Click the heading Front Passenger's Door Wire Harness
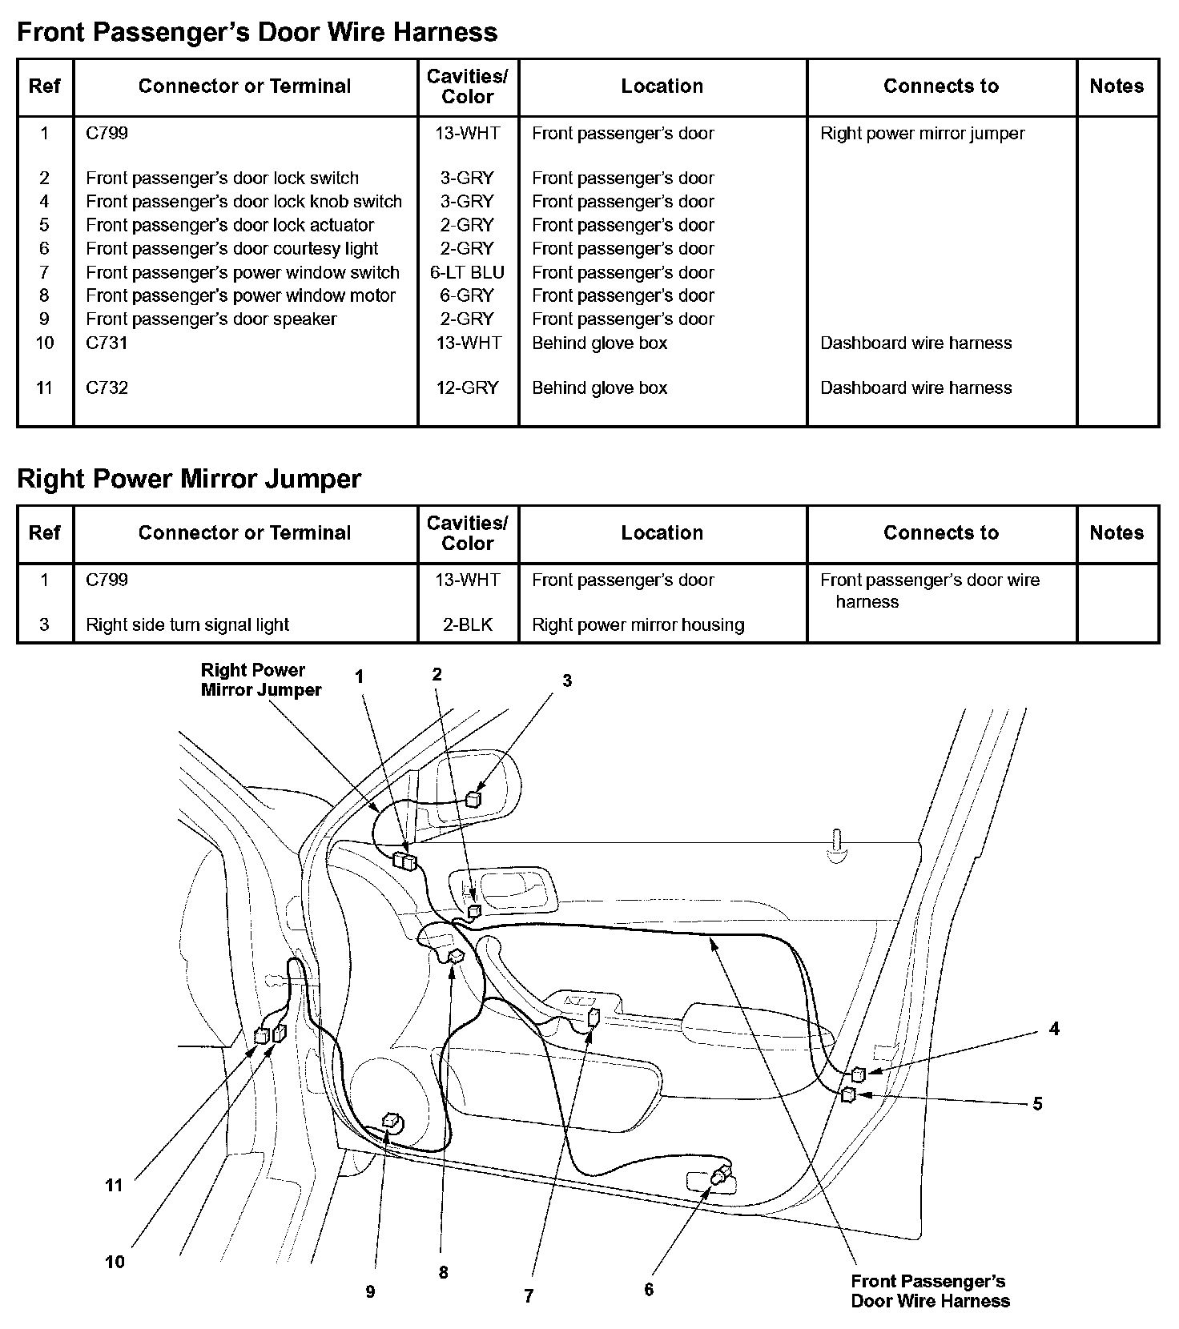pos(257,32)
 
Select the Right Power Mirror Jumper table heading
pos(189,479)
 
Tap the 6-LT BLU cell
pos(468,272)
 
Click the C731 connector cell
pos(107,343)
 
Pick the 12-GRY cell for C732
pos(468,387)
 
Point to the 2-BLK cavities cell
pos(468,624)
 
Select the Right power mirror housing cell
pos(638,624)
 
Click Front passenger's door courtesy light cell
pos(231,248)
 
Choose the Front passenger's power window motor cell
pos(240,295)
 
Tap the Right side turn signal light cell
pos(187,624)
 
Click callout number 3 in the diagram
pos(567,681)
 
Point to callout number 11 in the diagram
pos(114,1186)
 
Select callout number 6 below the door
pos(649,1290)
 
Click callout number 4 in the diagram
pos(1054,1030)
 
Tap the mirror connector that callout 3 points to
pos(474,798)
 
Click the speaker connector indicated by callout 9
pos(393,1122)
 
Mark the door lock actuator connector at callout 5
pos(848,1094)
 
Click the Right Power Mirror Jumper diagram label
pos(260,680)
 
